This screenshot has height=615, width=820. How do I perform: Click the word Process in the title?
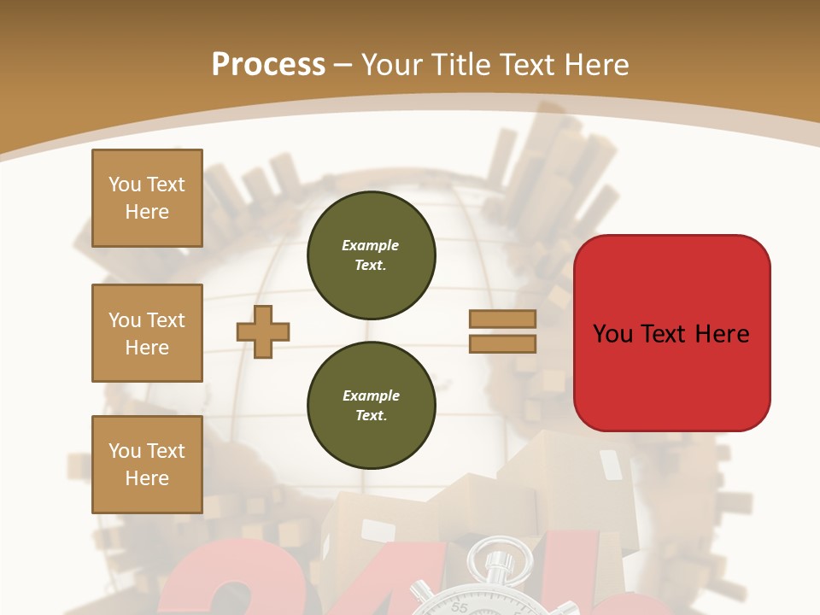pyautogui.click(x=268, y=65)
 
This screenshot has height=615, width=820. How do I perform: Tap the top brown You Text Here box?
pyautogui.click(x=147, y=198)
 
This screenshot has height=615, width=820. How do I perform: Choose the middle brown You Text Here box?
pyautogui.click(x=147, y=333)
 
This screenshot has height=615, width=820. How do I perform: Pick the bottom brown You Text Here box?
pyautogui.click(x=147, y=465)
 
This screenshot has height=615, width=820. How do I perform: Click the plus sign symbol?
pyautogui.click(x=263, y=332)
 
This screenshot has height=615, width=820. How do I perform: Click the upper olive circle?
pyautogui.click(x=371, y=255)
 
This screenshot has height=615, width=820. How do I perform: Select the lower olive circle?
pyautogui.click(x=371, y=406)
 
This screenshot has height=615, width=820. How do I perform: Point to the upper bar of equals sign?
pyautogui.click(x=502, y=319)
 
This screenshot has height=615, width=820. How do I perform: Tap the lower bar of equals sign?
pyautogui.click(x=502, y=343)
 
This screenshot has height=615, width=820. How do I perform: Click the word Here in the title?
pyautogui.click(x=598, y=65)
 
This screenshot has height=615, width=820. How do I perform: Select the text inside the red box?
pyautogui.click(x=671, y=333)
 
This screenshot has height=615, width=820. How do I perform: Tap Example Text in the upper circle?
pyautogui.click(x=371, y=255)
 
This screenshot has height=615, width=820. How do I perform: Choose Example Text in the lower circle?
pyautogui.click(x=371, y=406)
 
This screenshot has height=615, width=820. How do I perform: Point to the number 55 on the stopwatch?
pyautogui.click(x=460, y=607)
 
